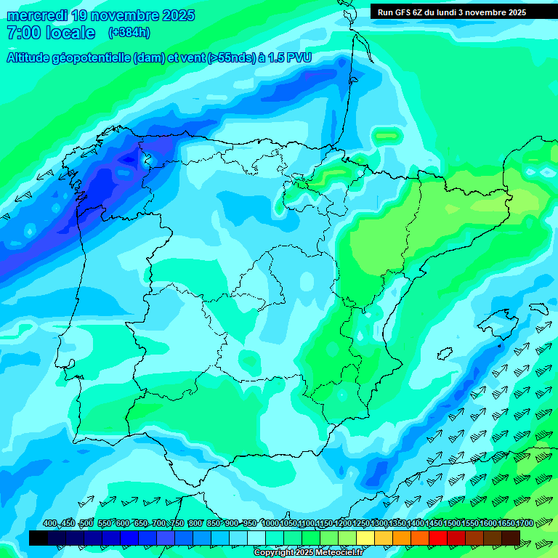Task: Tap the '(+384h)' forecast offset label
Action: click(x=129, y=33)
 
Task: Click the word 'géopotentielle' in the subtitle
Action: click(x=94, y=57)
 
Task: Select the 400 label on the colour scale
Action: click(x=50, y=524)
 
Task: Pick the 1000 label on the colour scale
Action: click(x=270, y=524)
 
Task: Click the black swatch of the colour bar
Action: click(x=39, y=538)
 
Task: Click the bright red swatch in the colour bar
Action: click(x=438, y=538)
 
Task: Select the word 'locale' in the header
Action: click(x=70, y=33)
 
